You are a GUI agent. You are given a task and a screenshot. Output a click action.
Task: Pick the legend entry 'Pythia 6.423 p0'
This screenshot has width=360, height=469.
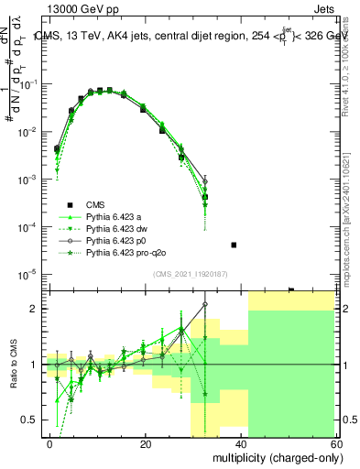click(x=117, y=241)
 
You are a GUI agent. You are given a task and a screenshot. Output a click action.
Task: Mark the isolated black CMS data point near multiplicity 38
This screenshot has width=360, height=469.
click(x=234, y=245)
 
